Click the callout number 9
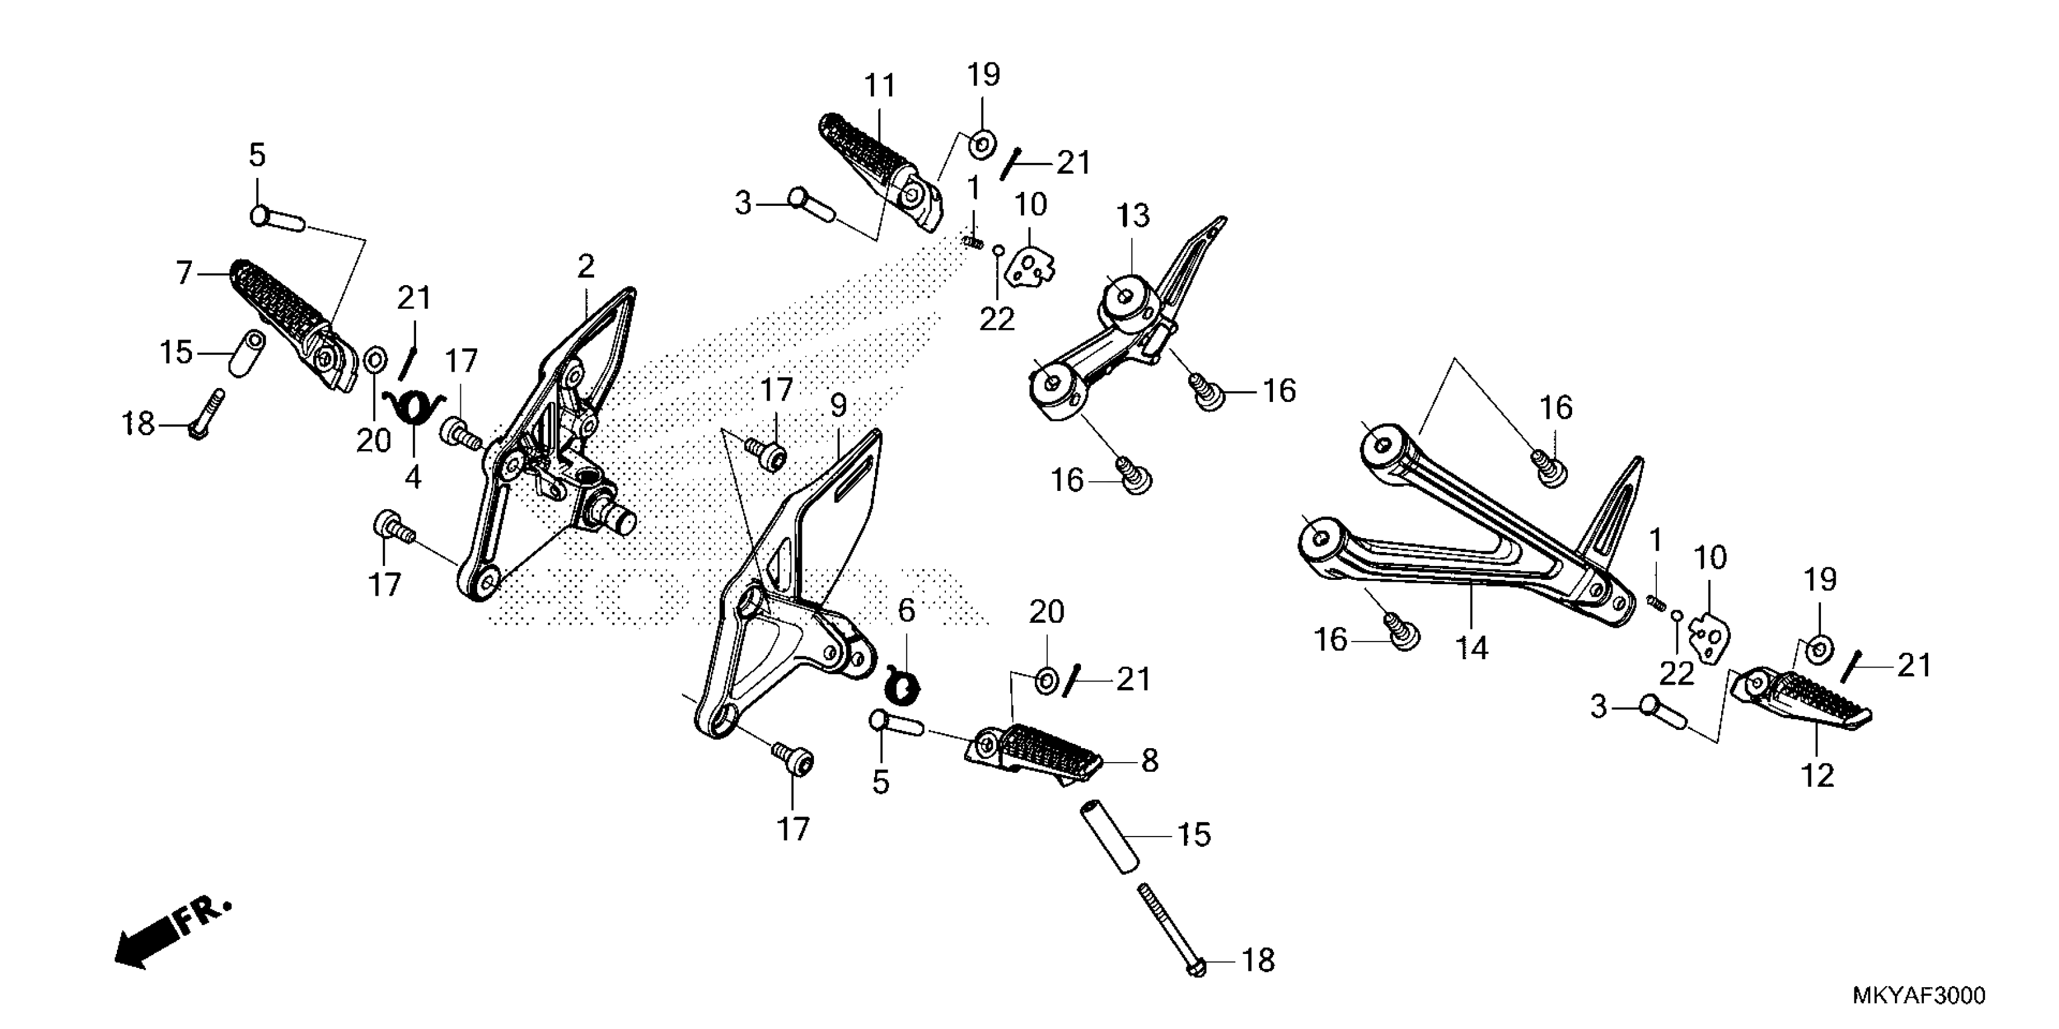coord(838,407)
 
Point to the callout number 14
coord(1472,648)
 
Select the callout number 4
coord(412,477)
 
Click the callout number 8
coord(1149,761)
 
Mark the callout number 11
coord(880,85)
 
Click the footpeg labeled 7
coord(288,324)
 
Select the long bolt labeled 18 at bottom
coord(1169,935)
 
